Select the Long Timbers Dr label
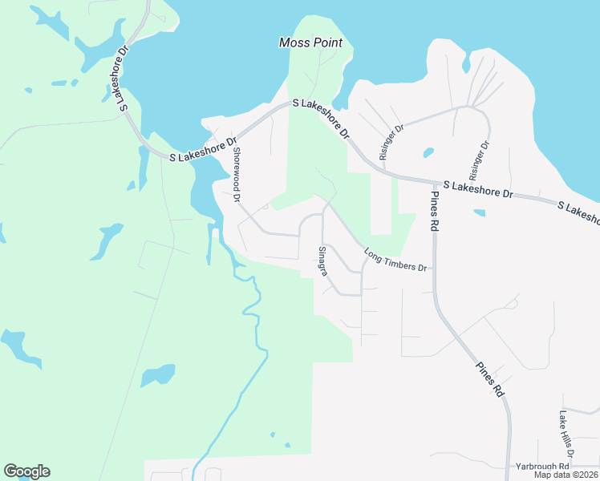click(395, 261)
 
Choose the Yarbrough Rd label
click(542, 466)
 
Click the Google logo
click(26, 471)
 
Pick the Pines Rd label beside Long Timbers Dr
click(434, 212)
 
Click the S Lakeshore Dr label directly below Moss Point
click(322, 119)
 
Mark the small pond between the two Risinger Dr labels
click(428, 152)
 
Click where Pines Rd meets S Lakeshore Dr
click(431, 181)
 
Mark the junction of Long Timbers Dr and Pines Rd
click(434, 268)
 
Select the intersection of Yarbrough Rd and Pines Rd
click(509, 466)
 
